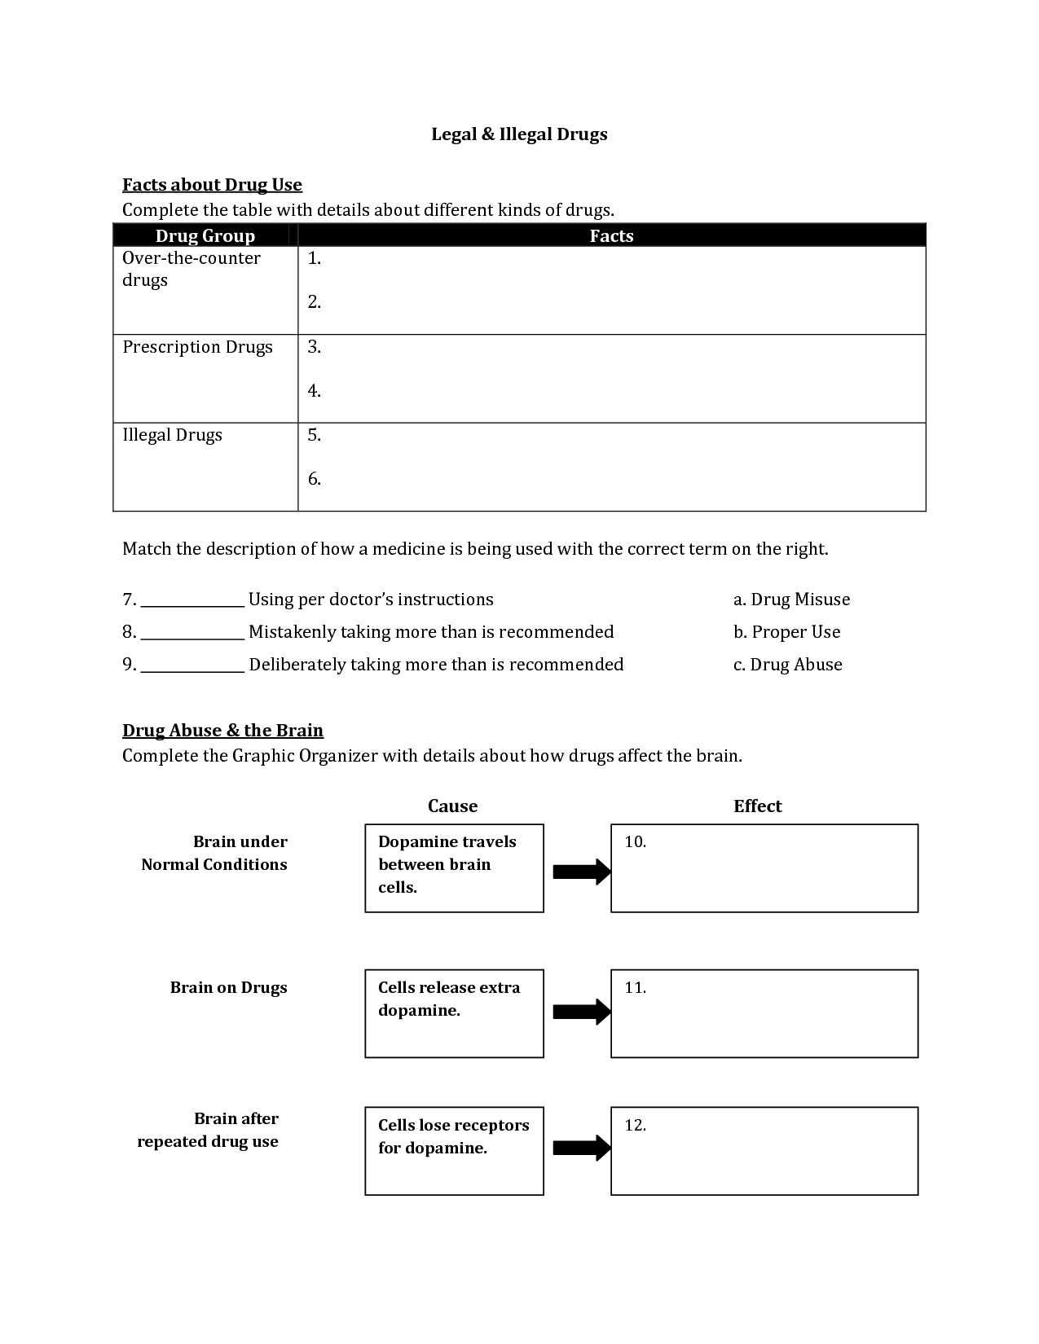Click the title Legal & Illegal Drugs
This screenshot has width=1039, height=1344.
(x=519, y=134)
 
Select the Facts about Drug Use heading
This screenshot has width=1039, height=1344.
(x=212, y=185)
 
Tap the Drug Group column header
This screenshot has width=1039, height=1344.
(x=205, y=235)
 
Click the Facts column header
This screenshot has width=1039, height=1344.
(x=611, y=235)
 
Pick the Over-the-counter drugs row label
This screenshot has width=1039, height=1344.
(x=191, y=269)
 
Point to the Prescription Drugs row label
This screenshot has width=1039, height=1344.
(x=197, y=347)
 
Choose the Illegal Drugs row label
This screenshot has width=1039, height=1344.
(x=172, y=435)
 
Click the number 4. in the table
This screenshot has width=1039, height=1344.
(x=315, y=391)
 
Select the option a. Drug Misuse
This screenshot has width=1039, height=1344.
(x=791, y=600)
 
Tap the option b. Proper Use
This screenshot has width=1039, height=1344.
(x=786, y=632)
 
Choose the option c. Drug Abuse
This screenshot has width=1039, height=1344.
(x=787, y=665)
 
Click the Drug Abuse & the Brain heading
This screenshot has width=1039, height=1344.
(x=222, y=731)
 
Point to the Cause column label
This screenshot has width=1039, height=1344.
(x=452, y=806)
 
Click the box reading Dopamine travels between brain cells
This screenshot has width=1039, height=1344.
(x=454, y=867)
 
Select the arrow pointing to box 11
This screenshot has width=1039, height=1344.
(x=581, y=1012)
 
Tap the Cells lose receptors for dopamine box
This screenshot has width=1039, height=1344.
(x=454, y=1150)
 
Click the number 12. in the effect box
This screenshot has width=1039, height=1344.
(x=636, y=1126)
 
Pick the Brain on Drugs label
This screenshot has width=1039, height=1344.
(x=228, y=988)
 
